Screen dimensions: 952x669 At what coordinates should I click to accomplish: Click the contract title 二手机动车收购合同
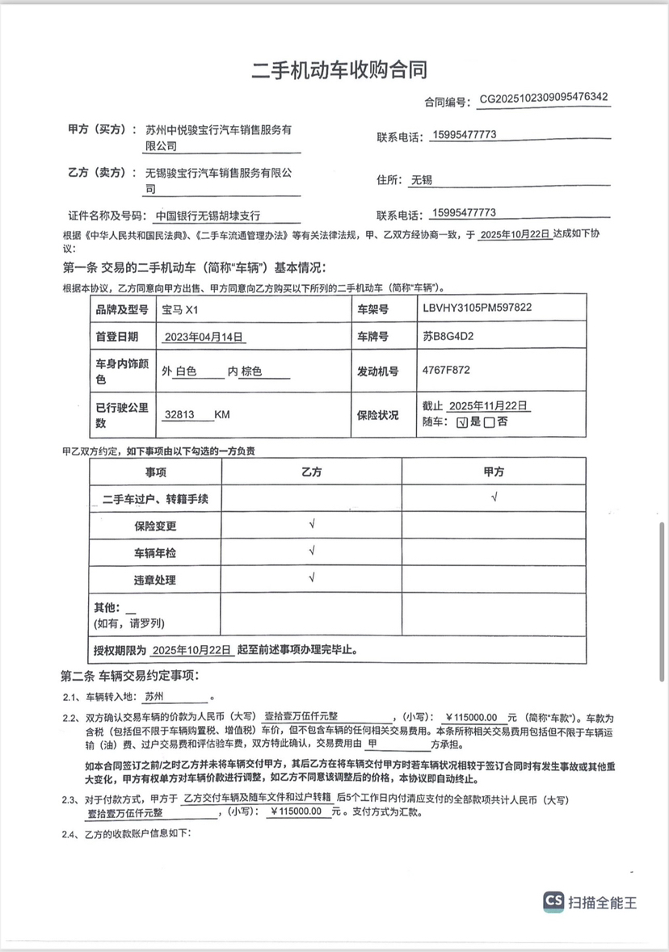click(339, 69)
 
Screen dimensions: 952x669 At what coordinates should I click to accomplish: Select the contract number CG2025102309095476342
click(544, 98)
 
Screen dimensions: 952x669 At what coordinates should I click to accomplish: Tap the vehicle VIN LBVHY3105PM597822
click(477, 308)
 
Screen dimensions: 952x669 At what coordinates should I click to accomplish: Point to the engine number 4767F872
click(446, 371)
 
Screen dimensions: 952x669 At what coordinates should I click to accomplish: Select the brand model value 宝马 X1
click(179, 308)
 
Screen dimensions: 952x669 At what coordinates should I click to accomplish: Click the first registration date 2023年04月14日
click(204, 337)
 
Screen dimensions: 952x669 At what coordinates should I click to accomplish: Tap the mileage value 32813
click(179, 414)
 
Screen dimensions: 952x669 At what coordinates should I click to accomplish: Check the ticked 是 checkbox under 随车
click(461, 422)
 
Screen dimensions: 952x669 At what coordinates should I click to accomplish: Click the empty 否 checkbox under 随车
click(489, 422)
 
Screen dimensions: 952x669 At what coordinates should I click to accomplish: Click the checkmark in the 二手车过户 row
click(494, 497)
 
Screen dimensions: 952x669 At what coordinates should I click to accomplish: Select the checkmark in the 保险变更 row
click(312, 525)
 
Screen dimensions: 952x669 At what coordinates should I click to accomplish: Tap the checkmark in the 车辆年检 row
click(312, 552)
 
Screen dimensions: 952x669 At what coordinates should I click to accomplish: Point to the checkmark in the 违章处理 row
click(312, 578)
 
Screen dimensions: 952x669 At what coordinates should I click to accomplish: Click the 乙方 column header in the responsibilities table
click(311, 472)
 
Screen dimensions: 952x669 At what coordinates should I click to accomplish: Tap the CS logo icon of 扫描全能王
click(554, 901)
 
